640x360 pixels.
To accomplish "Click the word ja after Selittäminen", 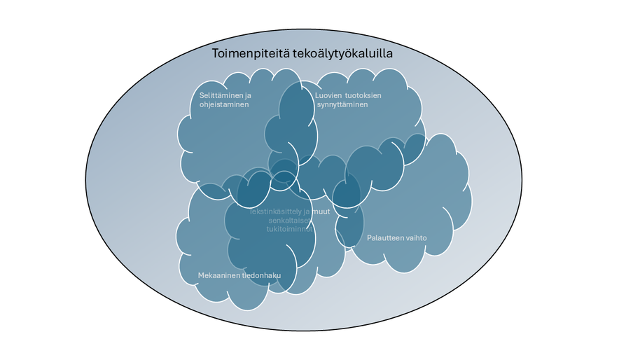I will point(248,95).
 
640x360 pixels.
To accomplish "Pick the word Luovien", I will point(328,95).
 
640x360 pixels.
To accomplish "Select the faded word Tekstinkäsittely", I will point(274,212).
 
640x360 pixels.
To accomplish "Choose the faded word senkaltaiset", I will point(288,221).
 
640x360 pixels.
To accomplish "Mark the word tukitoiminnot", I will point(288,229).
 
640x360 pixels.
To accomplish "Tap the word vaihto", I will point(417,238).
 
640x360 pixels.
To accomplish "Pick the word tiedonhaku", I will point(261,275).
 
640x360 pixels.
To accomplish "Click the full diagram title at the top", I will point(302,54).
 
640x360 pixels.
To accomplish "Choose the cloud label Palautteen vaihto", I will point(397,238).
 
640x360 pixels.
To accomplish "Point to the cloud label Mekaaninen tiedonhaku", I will point(239,275).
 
